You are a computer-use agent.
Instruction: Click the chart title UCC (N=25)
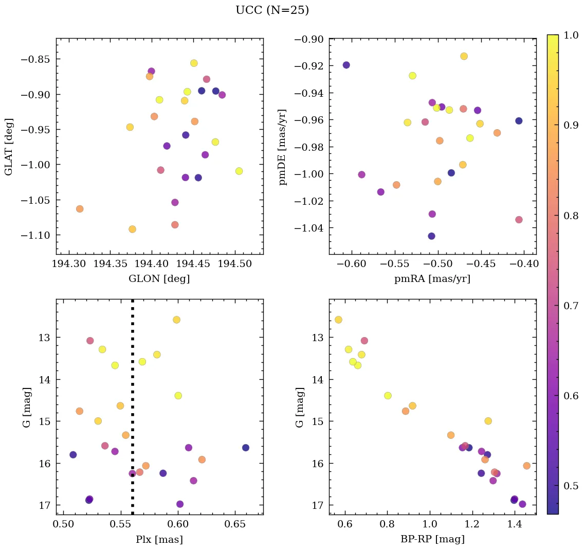[x=272, y=10]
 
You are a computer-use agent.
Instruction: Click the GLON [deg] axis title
[x=159, y=279]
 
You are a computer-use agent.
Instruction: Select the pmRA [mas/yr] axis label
[x=432, y=279]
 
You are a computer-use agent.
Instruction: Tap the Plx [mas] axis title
[x=159, y=539]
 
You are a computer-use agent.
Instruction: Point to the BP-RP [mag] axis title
[x=432, y=539]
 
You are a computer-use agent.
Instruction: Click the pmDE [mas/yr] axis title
[x=283, y=147]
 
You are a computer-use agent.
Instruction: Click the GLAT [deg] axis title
[x=9, y=147]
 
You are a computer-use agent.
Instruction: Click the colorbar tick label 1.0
[x=571, y=35]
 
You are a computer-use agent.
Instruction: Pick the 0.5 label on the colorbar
[x=571, y=486]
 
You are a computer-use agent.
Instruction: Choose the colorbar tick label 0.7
[x=571, y=306]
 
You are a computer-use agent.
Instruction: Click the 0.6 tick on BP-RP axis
[x=345, y=525]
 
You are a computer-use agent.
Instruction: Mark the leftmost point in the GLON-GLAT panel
[x=80, y=209]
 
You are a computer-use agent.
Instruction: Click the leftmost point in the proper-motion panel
[x=346, y=65]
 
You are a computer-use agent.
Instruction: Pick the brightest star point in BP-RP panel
[x=338, y=320]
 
